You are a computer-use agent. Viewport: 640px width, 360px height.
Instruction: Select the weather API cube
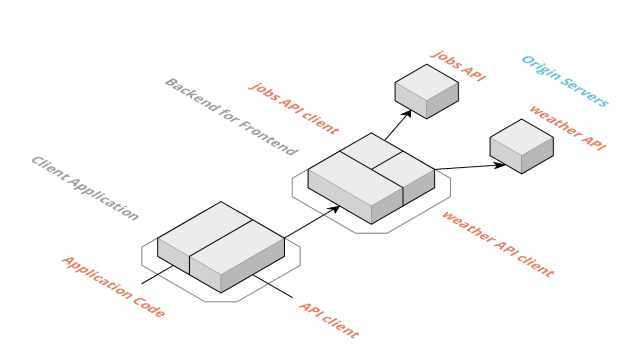(521, 146)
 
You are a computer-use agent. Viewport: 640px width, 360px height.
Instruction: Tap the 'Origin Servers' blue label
(565, 81)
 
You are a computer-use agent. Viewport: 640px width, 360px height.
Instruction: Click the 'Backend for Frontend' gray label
(231, 117)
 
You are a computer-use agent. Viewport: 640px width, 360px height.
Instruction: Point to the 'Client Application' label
(85, 188)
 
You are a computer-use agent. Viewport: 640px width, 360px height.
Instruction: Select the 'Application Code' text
(113, 287)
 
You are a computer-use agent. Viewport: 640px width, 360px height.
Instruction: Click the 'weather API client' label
(497, 244)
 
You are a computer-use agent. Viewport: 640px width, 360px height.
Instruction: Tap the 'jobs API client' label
(293, 108)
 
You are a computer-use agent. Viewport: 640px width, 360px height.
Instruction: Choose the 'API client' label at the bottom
(329, 320)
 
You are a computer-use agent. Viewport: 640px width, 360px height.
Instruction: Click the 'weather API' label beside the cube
(567, 128)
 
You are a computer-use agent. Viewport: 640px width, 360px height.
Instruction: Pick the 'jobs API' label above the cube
(458, 66)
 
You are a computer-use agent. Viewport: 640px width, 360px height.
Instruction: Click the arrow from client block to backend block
(311, 222)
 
